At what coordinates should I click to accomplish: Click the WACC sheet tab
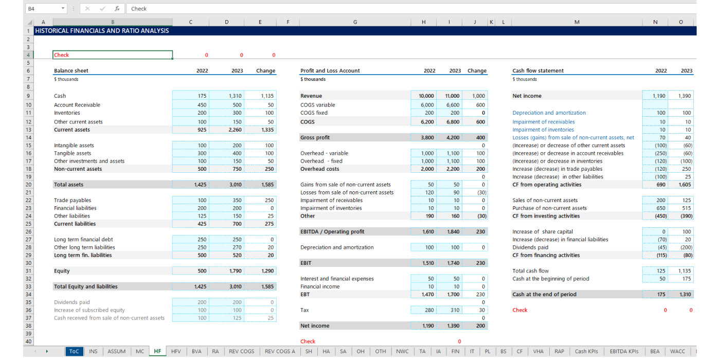pyautogui.click(x=677, y=351)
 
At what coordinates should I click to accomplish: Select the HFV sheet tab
pyautogui.click(x=176, y=351)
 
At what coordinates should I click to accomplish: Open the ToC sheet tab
pyautogui.click(x=74, y=351)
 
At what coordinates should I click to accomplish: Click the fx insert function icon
pyautogui.click(x=117, y=9)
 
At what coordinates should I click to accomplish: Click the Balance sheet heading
pyautogui.click(x=71, y=71)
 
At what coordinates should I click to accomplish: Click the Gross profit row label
pyautogui.click(x=315, y=138)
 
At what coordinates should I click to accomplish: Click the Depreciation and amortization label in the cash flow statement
pyautogui.click(x=549, y=113)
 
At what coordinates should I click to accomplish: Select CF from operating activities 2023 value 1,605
pyautogui.click(x=685, y=185)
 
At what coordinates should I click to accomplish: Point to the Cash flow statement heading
pyautogui.click(x=538, y=71)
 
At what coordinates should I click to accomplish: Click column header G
pyautogui.click(x=355, y=22)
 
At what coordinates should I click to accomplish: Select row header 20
pyautogui.click(x=28, y=185)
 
